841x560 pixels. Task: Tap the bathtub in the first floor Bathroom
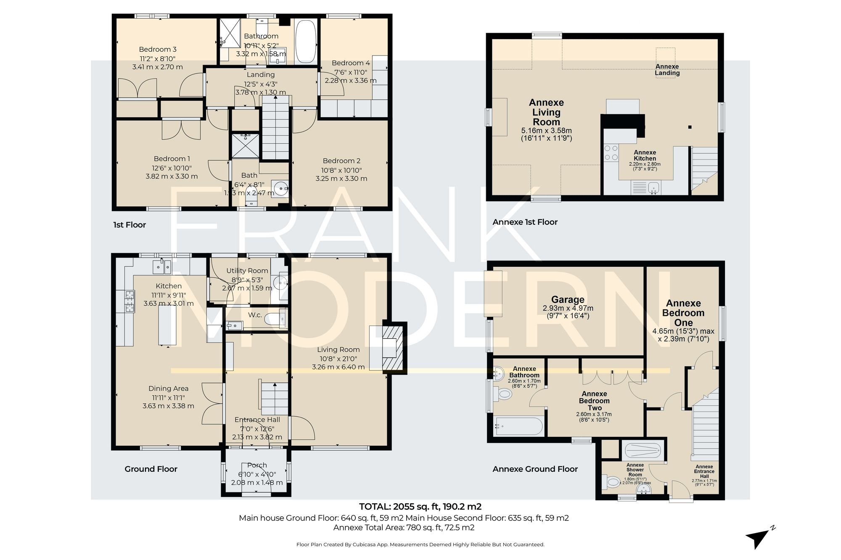coord(306,42)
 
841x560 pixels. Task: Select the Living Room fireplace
coord(392,348)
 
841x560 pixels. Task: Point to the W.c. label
coord(255,315)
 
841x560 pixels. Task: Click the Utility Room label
coord(247,271)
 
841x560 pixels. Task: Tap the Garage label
coord(568,300)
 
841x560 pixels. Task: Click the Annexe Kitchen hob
coord(611,153)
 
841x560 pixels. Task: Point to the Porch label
coord(257,465)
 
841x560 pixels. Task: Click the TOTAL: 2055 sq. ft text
coord(420,507)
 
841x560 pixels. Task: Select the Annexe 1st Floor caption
coord(525,222)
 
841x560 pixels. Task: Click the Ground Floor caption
coord(151,469)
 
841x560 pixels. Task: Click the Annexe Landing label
coord(667,70)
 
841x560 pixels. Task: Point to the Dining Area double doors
coord(213,403)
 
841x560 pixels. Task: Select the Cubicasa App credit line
coord(420,544)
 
